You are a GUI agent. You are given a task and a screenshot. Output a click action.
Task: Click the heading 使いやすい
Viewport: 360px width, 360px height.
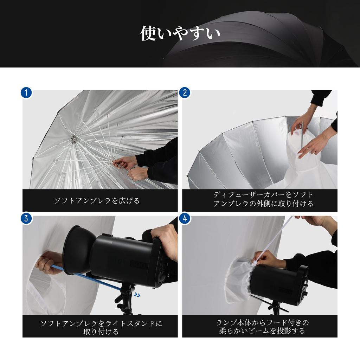click(180, 33)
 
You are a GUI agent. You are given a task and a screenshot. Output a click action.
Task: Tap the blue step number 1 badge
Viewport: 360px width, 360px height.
click(26, 93)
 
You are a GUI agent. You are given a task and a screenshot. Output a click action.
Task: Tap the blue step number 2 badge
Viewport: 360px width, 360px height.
click(185, 93)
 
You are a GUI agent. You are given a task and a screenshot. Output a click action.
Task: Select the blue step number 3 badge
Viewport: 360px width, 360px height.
click(26, 218)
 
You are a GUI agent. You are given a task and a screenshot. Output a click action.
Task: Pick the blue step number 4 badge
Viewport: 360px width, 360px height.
click(185, 218)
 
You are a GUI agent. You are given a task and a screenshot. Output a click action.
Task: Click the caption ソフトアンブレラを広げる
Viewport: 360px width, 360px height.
click(97, 201)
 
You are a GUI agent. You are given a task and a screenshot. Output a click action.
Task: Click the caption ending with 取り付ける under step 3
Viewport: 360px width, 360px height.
click(101, 327)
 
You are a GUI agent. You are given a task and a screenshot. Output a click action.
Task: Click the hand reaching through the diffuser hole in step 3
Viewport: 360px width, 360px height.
click(47, 262)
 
